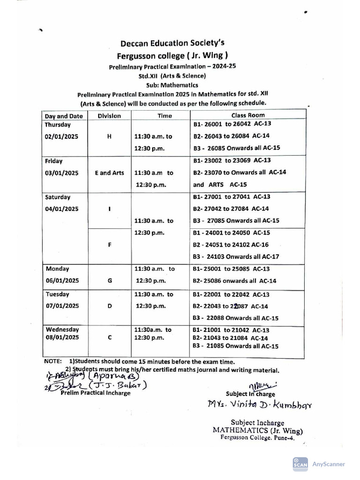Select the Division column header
(109, 116)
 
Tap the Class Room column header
(247, 115)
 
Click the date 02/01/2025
(61, 136)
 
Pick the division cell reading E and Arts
(109, 172)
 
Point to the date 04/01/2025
(62, 209)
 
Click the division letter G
(109, 281)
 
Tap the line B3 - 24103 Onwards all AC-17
(236, 256)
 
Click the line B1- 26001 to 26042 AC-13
(232, 124)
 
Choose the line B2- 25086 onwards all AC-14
(234, 281)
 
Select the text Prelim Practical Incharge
(96, 393)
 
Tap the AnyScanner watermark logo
(300, 464)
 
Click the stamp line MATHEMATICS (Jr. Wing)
(257, 430)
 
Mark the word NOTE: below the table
(52, 361)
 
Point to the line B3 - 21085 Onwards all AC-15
(236, 346)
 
